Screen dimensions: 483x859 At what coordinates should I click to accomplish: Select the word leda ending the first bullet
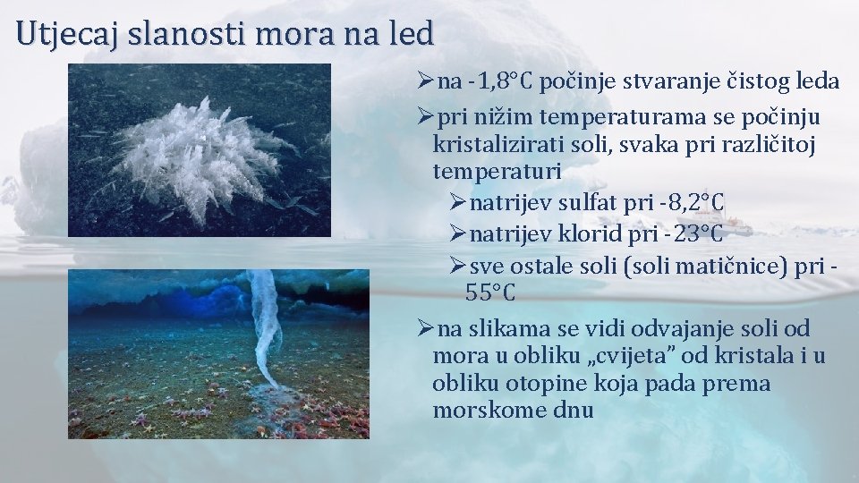(813, 82)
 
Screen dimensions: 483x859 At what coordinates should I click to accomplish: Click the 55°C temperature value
(490, 292)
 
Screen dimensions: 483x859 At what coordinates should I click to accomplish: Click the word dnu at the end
(573, 411)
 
